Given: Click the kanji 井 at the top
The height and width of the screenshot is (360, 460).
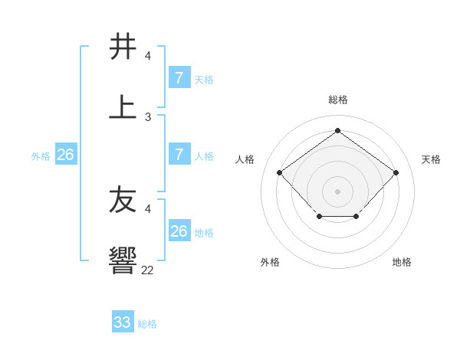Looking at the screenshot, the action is point(123,47).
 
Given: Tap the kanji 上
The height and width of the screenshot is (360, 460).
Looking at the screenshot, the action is point(123,106).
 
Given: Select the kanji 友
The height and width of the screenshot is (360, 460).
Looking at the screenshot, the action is point(123,200).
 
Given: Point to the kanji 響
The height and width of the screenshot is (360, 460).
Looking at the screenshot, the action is point(123,260).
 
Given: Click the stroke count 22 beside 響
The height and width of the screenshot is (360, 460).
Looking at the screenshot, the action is point(147,270).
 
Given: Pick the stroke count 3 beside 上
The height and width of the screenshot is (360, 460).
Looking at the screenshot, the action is point(147,116).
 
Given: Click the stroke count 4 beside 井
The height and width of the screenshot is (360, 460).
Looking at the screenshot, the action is point(147,56).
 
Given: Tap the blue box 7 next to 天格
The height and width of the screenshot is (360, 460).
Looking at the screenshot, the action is point(179,78).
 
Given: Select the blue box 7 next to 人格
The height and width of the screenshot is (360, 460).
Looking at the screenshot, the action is point(179,155).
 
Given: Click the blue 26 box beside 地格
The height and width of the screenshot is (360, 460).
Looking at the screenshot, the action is point(179,231).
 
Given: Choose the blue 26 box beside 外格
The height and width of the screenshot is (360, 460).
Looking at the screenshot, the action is point(65,155).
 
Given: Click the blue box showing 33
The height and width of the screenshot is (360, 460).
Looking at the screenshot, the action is point(123,322).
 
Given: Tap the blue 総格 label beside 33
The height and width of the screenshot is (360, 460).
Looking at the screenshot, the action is point(147,324).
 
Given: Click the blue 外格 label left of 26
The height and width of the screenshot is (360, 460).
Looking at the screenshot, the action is point(41,156).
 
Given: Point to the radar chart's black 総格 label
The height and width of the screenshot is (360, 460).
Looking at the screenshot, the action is point(337,100).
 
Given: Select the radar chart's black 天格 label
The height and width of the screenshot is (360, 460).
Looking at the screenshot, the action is point(431,159).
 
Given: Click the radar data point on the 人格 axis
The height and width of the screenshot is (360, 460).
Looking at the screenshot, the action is point(280,172).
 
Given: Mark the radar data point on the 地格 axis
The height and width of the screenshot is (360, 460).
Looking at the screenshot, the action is point(356,217).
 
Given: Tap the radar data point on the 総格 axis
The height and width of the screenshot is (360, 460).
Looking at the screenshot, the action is point(337,130).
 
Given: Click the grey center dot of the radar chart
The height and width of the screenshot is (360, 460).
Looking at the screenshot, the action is point(337,190).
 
